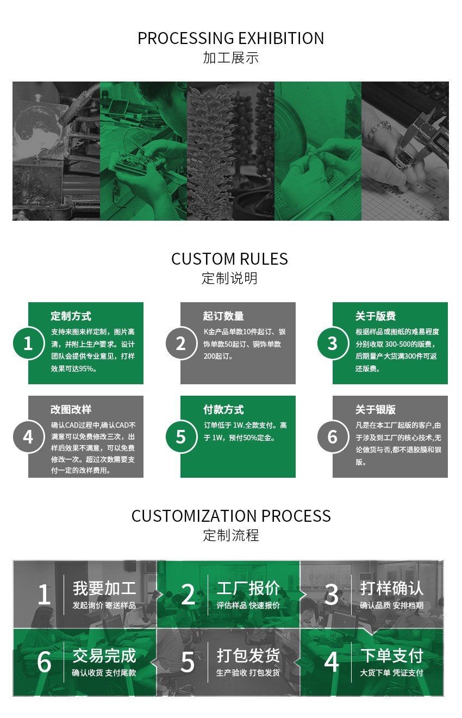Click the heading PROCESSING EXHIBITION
(x=230, y=39)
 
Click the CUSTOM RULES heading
(x=229, y=259)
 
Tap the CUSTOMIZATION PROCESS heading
(x=231, y=516)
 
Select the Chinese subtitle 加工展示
(x=230, y=58)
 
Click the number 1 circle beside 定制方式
(x=28, y=343)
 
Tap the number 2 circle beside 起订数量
(x=181, y=343)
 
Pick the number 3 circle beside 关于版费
(x=333, y=343)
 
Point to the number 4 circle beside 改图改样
(x=28, y=436)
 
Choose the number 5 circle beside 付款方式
(x=181, y=436)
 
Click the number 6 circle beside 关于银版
(x=333, y=436)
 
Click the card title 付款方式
(x=223, y=410)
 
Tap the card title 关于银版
(x=376, y=410)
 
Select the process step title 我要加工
(x=104, y=588)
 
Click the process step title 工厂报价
(x=248, y=588)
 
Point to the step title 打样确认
(x=392, y=588)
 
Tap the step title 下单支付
(x=392, y=655)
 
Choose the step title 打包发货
(x=248, y=655)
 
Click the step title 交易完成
(x=104, y=655)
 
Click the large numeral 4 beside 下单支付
(x=332, y=662)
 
